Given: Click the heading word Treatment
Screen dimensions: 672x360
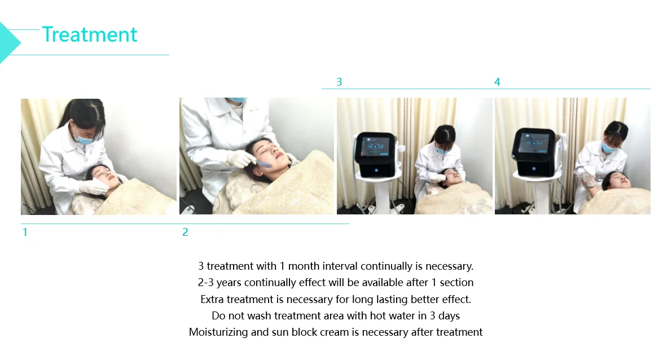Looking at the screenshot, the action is tap(90, 35).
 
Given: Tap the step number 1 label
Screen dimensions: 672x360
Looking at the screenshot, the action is tap(25, 232).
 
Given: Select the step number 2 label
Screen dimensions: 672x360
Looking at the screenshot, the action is tap(185, 232).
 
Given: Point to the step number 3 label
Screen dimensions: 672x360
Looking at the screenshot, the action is tap(339, 82).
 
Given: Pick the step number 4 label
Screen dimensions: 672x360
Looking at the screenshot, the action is tap(497, 82).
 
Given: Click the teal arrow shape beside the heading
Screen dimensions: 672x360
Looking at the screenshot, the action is tap(8, 42).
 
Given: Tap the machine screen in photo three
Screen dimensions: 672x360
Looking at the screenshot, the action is tap(375, 146).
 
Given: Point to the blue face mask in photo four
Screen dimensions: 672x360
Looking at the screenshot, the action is tap(609, 147).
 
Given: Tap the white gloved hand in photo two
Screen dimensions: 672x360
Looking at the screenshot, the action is tap(241, 159).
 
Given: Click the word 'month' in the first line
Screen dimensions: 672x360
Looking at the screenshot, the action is tap(304, 266).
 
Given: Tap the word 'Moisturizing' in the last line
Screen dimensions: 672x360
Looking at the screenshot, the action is tap(218, 332).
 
